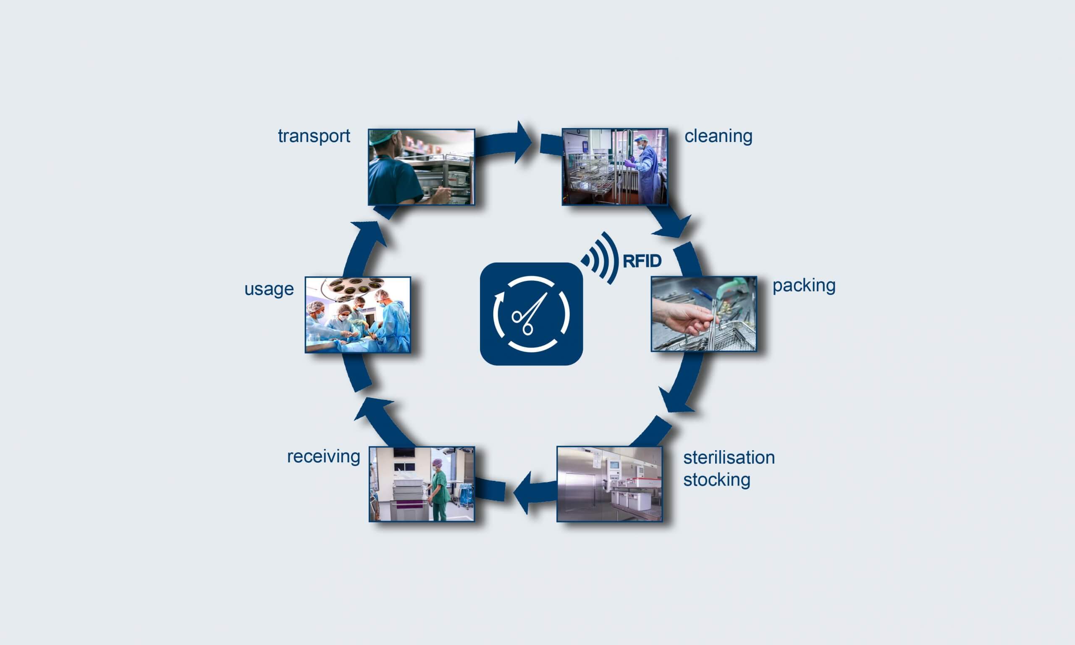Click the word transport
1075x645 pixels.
tap(314, 136)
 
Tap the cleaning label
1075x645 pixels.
tap(718, 136)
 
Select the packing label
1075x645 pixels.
tap(804, 286)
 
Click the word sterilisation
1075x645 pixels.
tap(729, 458)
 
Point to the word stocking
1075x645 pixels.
tap(716, 480)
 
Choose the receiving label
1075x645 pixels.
tap(323, 456)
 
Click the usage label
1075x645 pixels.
tap(269, 289)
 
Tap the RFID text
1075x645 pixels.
tap(642, 261)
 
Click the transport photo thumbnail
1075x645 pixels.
tap(421, 167)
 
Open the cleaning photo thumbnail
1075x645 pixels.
tap(614, 166)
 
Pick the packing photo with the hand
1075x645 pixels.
tap(703, 314)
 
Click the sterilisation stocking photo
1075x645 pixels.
tap(609, 484)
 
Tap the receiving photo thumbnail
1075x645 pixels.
tap(422, 484)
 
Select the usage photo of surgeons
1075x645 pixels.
tap(358, 315)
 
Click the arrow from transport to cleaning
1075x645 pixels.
tap(504, 142)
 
